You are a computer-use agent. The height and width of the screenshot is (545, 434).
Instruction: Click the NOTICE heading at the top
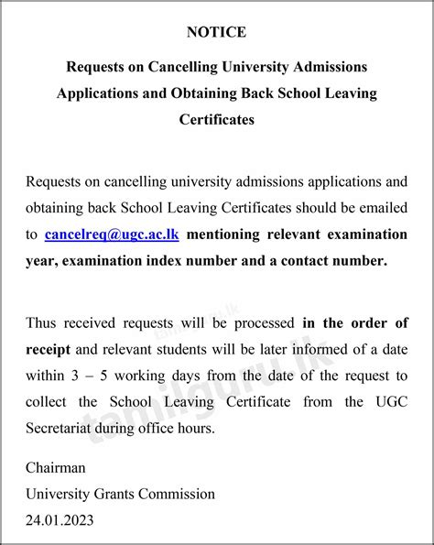coord(216,32)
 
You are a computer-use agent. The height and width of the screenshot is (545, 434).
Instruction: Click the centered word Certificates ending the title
coord(216,120)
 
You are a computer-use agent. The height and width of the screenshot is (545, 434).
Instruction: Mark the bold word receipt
coord(49,348)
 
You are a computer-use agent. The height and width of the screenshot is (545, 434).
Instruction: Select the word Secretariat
coord(60,427)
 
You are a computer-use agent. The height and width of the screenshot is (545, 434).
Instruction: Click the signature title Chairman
coord(56,468)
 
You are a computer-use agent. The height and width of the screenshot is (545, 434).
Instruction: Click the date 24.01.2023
coord(60,520)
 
